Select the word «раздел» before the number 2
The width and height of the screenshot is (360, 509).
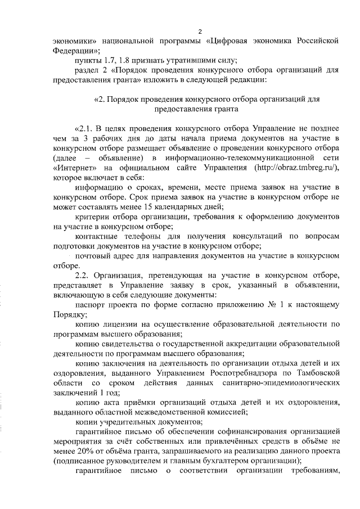[x=87, y=71]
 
